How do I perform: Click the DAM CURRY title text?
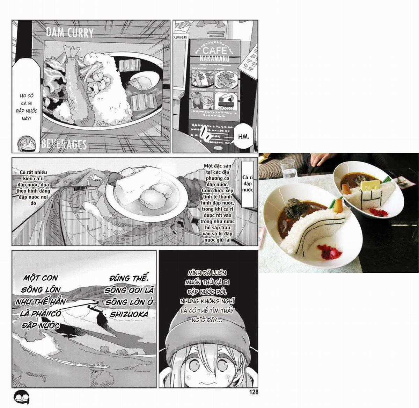tap(70, 33)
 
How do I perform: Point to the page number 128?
tap(254, 392)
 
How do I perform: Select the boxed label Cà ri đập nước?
tap(247, 184)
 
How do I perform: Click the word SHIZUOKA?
tap(129, 314)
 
